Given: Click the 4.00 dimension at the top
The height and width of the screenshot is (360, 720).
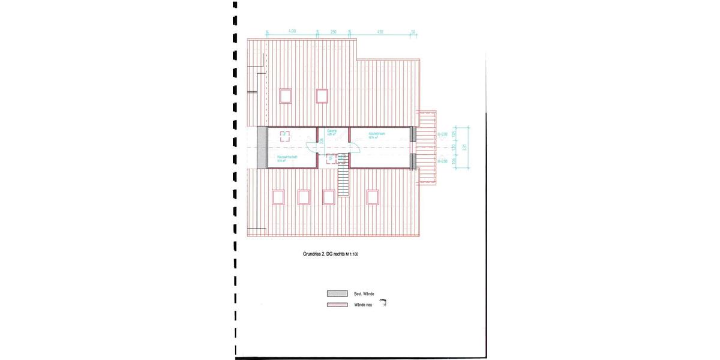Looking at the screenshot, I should tap(292, 30).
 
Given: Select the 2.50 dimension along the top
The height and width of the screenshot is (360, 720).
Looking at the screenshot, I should tap(333, 30).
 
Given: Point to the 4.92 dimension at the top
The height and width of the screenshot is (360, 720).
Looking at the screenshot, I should tap(380, 30).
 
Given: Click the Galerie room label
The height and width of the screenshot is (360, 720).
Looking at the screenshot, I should tap(332, 132).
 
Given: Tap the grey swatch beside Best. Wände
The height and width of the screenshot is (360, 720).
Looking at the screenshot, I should tap(337, 293).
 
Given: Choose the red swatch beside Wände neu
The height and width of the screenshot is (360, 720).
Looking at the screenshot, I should tap(337, 305).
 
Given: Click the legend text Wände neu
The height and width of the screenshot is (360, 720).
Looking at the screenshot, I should tap(365, 305).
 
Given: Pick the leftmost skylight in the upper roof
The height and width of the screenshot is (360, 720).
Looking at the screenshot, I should tap(286, 95).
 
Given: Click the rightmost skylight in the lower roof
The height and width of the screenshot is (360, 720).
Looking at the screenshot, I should tap(373, 196).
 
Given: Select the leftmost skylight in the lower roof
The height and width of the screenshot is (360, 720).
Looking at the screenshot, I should tap(278, 196).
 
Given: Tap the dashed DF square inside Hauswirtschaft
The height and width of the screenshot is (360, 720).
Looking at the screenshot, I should tap(286, 135).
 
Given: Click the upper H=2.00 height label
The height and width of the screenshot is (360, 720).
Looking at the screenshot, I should tap(443, 134).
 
